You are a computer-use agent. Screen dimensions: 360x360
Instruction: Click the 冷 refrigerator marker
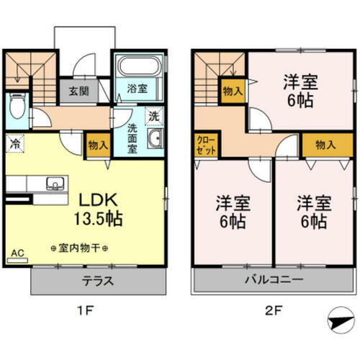click(x=14, y=144)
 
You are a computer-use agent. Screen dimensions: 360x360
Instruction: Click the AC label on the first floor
click(x=17, y=253)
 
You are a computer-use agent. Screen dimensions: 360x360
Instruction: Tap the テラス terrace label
click(x=99, y=282)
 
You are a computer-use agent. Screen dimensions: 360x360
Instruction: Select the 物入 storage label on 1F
click(x=98, y=145)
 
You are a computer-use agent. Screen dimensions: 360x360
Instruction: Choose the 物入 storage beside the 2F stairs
click(x=232, y=92)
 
